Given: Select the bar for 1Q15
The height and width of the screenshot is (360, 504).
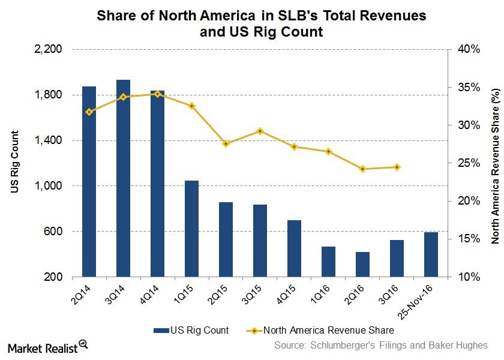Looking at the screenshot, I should [x=191, y=229].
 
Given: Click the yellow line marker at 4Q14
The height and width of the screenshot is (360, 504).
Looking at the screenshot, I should [x=157, y=94].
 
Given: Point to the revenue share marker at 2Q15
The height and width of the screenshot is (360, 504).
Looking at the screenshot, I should [x=226, y=144].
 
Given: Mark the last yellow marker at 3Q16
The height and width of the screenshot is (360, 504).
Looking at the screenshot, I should [x=397, y=167].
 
